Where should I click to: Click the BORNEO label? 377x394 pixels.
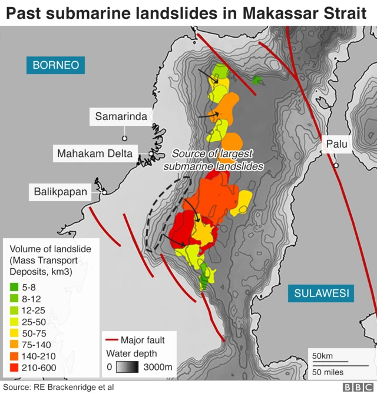coord(56,65)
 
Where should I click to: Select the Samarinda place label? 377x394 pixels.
coord(121,116)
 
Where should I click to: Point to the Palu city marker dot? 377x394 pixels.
coord(336,165)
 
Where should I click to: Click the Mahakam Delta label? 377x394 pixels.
coord(94,154)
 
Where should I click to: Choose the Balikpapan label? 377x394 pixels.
coord(60,191)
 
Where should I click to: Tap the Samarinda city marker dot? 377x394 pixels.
coord(124,138)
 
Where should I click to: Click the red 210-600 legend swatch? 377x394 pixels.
coord(15,368)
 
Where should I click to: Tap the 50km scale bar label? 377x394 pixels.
coord(323,356)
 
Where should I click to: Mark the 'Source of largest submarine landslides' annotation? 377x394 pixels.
coord(213,160)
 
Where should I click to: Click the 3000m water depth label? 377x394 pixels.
coord(157,368)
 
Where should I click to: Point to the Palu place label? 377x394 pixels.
coord(338,144)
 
